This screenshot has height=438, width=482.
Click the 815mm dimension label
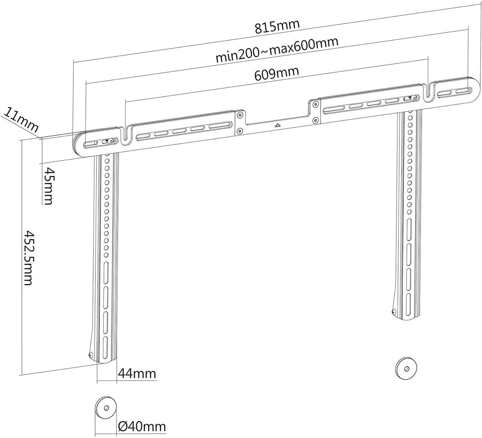(x=277, y=26)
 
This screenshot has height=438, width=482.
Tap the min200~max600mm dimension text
(x=277, y=50)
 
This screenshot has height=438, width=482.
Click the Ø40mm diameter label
(x=142, y=427)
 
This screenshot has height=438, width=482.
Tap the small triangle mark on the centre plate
(x=277, y=126)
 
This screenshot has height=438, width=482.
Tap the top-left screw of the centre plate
(x=240, y=114)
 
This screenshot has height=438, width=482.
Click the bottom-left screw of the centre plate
(x=240, y=130)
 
